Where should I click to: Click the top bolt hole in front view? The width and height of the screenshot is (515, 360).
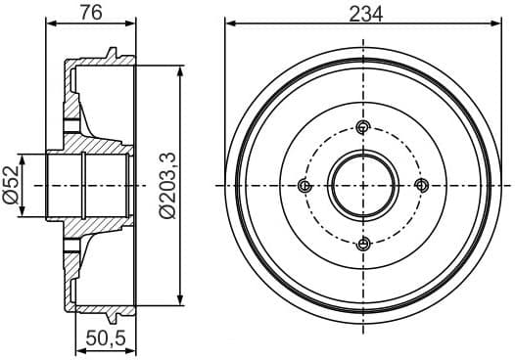tap(363, 126)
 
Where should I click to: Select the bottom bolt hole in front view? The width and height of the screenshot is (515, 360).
tap(363, 244)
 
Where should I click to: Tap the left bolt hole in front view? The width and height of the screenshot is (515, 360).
tap(304, 186)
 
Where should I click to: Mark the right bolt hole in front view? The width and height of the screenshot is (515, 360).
tap(422, 186)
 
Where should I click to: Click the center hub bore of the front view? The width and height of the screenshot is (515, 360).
tap(363, 186)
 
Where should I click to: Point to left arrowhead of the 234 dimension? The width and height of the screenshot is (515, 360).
tap(229, 24)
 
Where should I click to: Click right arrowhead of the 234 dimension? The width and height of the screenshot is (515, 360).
tap(497, 24)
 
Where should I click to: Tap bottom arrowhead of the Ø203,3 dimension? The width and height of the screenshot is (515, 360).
tap(181, 300)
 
